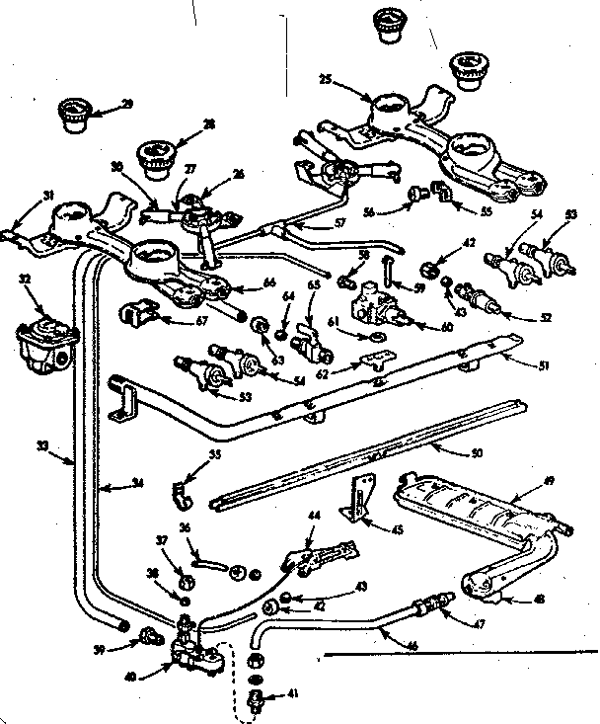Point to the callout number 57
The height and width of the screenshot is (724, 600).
340,223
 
